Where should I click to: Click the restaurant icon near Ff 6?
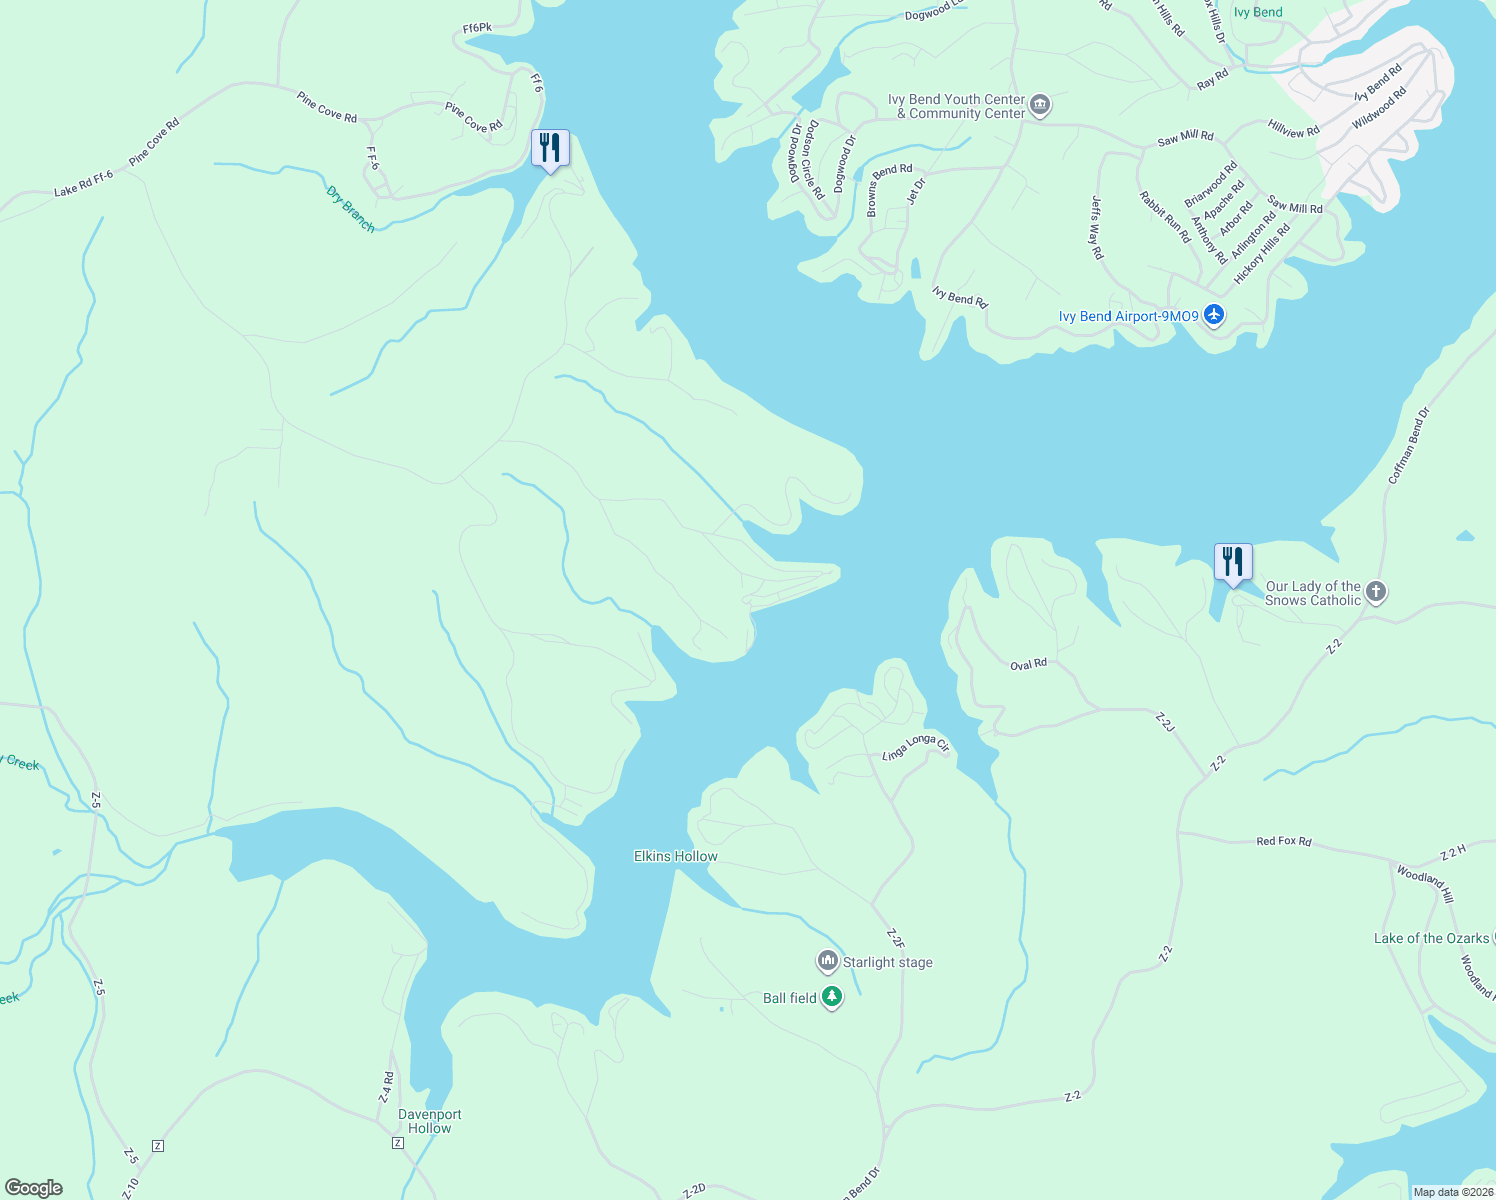pyautogui.click(x=549, y=148)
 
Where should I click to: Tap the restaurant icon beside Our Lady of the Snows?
pyautogui.click(x=1233, y=562)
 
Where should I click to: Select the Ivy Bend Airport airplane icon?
pyautogui.click(x=1214, y=316)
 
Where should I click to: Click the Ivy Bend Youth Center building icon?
pyautogui.click(x=1040, y=105)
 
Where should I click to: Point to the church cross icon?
pyautogui.click(x=1376, y=592)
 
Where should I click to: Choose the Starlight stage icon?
pyautogui.click(x=827, y=962)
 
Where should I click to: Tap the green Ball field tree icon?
pyautogui.click(x=832, y=997)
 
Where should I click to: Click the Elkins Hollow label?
pyautogui.click(x=676, y=856)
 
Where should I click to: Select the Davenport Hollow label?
pyautogui.click(x=430, y=1121)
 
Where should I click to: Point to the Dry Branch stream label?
pyautogui.click(x=351, y=209)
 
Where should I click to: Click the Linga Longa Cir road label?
pyautogui.click(x=916, y=746)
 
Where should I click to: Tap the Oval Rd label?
pyautogui.click(x=1028, y=664)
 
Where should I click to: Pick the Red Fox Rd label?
pyautogui.click(x=1283, y=841)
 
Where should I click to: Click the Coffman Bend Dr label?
pyautogui.click(x=1409, y=445)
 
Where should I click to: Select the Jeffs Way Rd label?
pyautogui.click(x=1097, y=227)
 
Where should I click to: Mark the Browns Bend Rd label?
pyautogui.click(x=889, y=190)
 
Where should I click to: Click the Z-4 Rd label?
pyautogui.click(x=386, y=1087)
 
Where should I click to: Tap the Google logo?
pyautogui.click(x=33, y=1188)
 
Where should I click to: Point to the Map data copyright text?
pyautogui.click(x=1452, y=1192)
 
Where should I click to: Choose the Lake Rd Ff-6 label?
pyautogui.click(x=84, y=184)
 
